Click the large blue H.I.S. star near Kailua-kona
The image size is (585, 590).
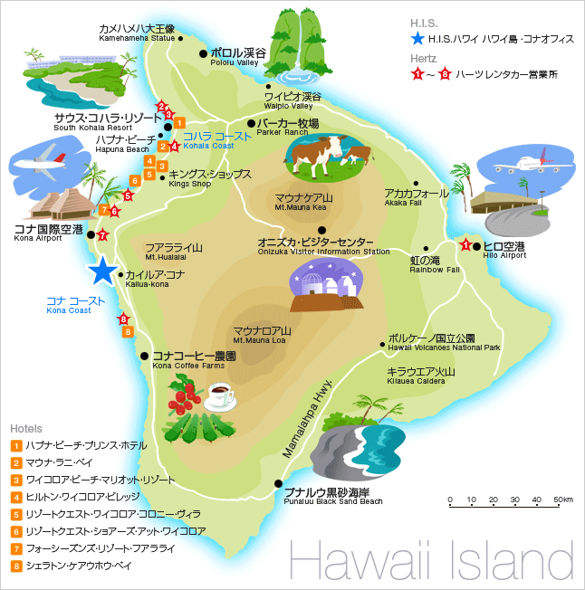pos(103,271)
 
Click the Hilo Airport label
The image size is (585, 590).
pos(503,250)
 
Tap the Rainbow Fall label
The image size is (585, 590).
pos(435,264)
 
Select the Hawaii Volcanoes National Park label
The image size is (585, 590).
pos(444,342)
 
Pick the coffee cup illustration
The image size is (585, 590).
pos(220,395)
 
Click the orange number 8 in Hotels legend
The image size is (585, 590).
pos(15,566)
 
